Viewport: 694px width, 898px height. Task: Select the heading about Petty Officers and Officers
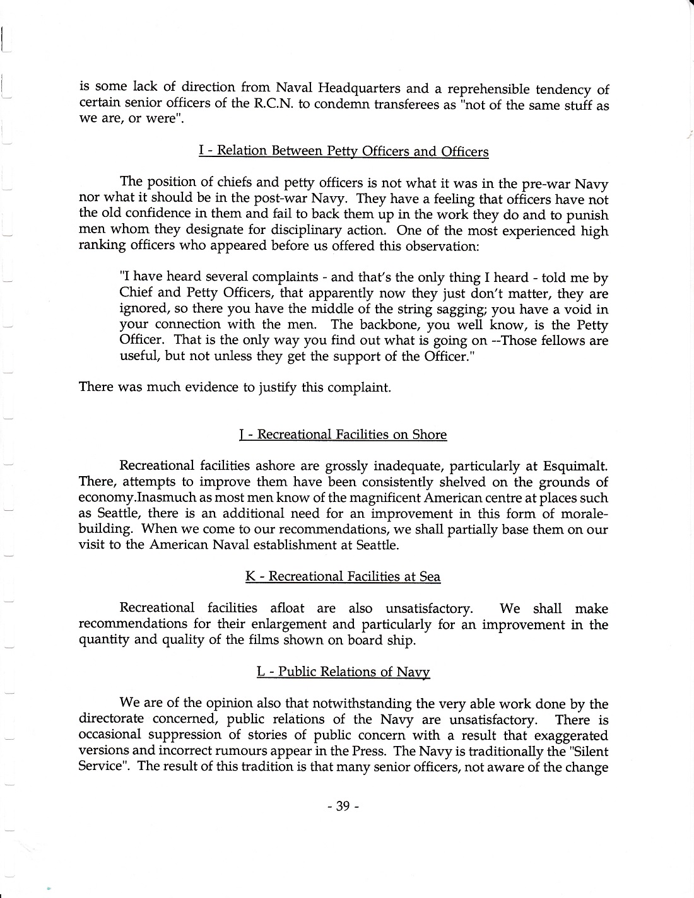[x=343, y=152]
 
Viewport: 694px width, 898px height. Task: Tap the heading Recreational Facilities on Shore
[x=343, y=435]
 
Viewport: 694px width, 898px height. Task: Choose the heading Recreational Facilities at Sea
[x=343, y=577]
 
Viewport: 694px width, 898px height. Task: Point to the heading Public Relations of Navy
[x=343, y=672]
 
